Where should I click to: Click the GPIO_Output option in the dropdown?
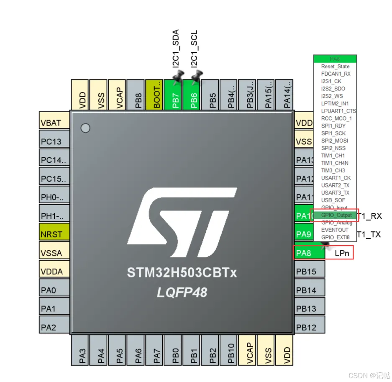tap(336, 215)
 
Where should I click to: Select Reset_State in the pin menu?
tap(335, 67)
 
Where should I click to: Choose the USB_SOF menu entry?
tap(333, 200)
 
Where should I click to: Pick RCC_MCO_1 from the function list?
tap(336, 118)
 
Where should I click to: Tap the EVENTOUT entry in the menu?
tap(335, 230)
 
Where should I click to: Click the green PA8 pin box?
tap(309, 253)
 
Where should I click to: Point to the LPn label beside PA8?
tap(342, 253)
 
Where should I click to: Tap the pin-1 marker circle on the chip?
tap(85, 128)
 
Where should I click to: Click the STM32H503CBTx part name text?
tap(182, 273)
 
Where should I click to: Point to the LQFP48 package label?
tap(182, 292)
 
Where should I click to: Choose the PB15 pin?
tap(310, 272)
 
